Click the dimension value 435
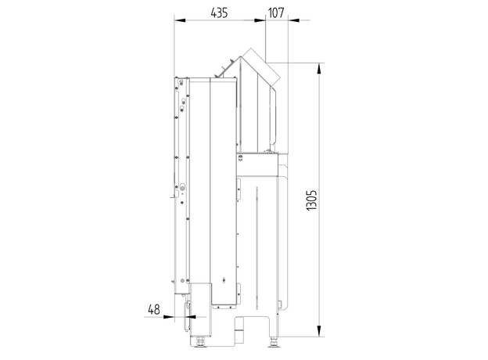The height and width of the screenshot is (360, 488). pyautogui.click(x=219, y=13)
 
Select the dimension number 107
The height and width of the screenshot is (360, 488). pyautogui.click(x=276, y=13)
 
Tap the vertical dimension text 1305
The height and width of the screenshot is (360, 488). pyautogui.click(x=311, y=200)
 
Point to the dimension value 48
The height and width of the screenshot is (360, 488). pyautogui.click(x=154, y=310)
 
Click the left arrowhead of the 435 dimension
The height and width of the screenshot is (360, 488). pyautogui.click(x=180, y=20)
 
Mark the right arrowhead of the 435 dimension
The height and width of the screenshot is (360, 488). pyautogui.click(x=260, y=20)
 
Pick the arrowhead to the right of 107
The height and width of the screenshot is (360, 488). pyautogui.click(x=294, y=20)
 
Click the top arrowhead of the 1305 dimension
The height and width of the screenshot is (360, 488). pyautogui.click(x=319, y=69)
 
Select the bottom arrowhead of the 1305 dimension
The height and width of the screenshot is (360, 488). pyautogui.click(x=319, y=331)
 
